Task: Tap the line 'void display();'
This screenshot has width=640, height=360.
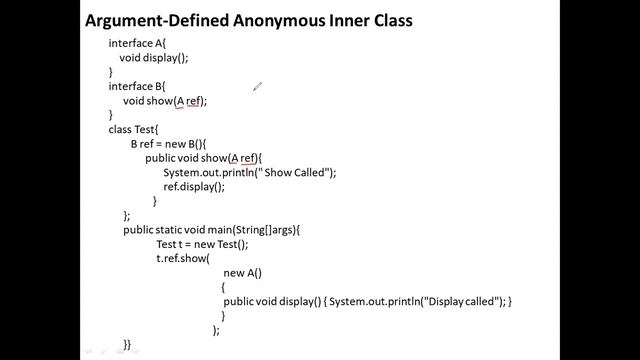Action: coord(153,58)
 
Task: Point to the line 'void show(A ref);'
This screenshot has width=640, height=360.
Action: coord(164,101)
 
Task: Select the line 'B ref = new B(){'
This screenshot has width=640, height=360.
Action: coord(167,144)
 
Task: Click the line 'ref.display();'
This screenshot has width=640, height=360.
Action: coord(194,187)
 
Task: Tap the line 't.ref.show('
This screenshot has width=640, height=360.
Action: coord(182,259)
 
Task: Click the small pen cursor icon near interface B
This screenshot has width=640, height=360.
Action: coord(257,87)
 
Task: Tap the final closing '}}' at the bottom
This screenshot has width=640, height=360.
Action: coord(127,344)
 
